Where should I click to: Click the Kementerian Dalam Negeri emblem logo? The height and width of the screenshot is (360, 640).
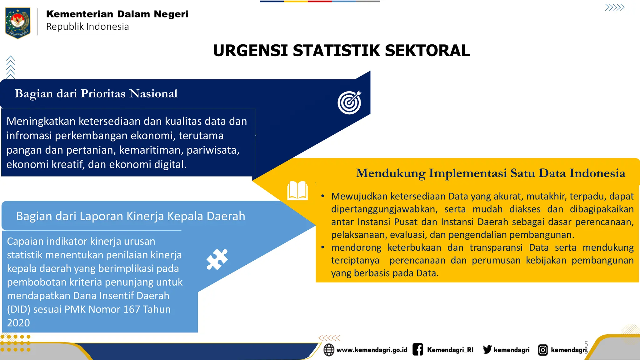[18, 22]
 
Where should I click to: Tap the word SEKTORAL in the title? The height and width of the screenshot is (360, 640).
[427, 51]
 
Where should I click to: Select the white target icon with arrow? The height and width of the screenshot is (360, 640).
[349, 102]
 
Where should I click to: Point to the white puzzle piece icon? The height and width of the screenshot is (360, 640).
[217, 259]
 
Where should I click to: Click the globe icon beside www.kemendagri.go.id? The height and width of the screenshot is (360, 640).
[329, 350]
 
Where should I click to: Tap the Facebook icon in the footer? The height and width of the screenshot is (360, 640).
[418, 349]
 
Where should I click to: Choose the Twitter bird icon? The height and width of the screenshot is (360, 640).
[487, 349]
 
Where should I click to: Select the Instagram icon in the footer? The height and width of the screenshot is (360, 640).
[543, 350]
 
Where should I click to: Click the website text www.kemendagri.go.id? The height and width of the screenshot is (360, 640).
[372, 350]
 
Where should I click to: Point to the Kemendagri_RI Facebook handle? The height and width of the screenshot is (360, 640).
[450, 350]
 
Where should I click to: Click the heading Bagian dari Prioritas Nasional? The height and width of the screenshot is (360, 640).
[96, 93]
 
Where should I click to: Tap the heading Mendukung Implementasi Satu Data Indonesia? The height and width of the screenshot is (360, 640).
[491, 173]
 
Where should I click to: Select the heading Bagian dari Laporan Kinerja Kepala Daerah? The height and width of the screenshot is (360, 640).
[131, 216]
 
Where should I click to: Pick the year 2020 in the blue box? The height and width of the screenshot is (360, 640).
[18, 323]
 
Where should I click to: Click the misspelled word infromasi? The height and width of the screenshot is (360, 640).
[29, 136]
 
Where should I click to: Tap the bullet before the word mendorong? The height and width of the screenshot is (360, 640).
[323, 247]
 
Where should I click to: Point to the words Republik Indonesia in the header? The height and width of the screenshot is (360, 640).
[87, 27]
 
